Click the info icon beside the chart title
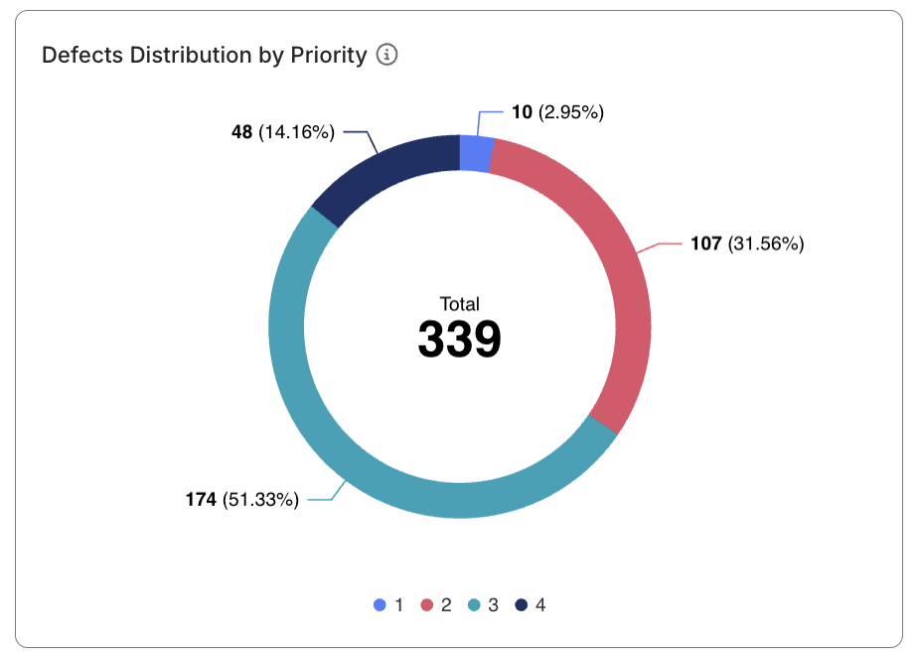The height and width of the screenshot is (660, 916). click(x=387, y=56)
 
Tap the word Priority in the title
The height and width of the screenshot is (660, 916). click(x=329, y=56)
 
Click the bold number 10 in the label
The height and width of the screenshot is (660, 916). click(x=522, y=112)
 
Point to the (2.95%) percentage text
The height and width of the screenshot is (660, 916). click(x=571, y=112)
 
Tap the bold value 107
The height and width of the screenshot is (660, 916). click(x=705, y=244)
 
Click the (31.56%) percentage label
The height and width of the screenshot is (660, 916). click(x=765, y=244)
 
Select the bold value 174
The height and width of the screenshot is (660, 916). click(x=201, y=500)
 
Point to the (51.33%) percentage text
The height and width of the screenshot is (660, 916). click(x=260, y=500)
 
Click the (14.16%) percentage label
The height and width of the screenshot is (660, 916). click(x=296, y=131)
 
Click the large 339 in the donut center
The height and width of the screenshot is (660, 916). click(x=459, y=340)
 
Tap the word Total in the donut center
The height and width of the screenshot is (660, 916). click(x=459, y=304)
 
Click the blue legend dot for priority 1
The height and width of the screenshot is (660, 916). click(x=380, y=604)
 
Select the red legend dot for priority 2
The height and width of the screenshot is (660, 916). click(x=427, y=604)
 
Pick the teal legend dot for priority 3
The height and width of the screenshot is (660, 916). click(x=474, y=604)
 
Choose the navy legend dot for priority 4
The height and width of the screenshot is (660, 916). click(x=521, y=604)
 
